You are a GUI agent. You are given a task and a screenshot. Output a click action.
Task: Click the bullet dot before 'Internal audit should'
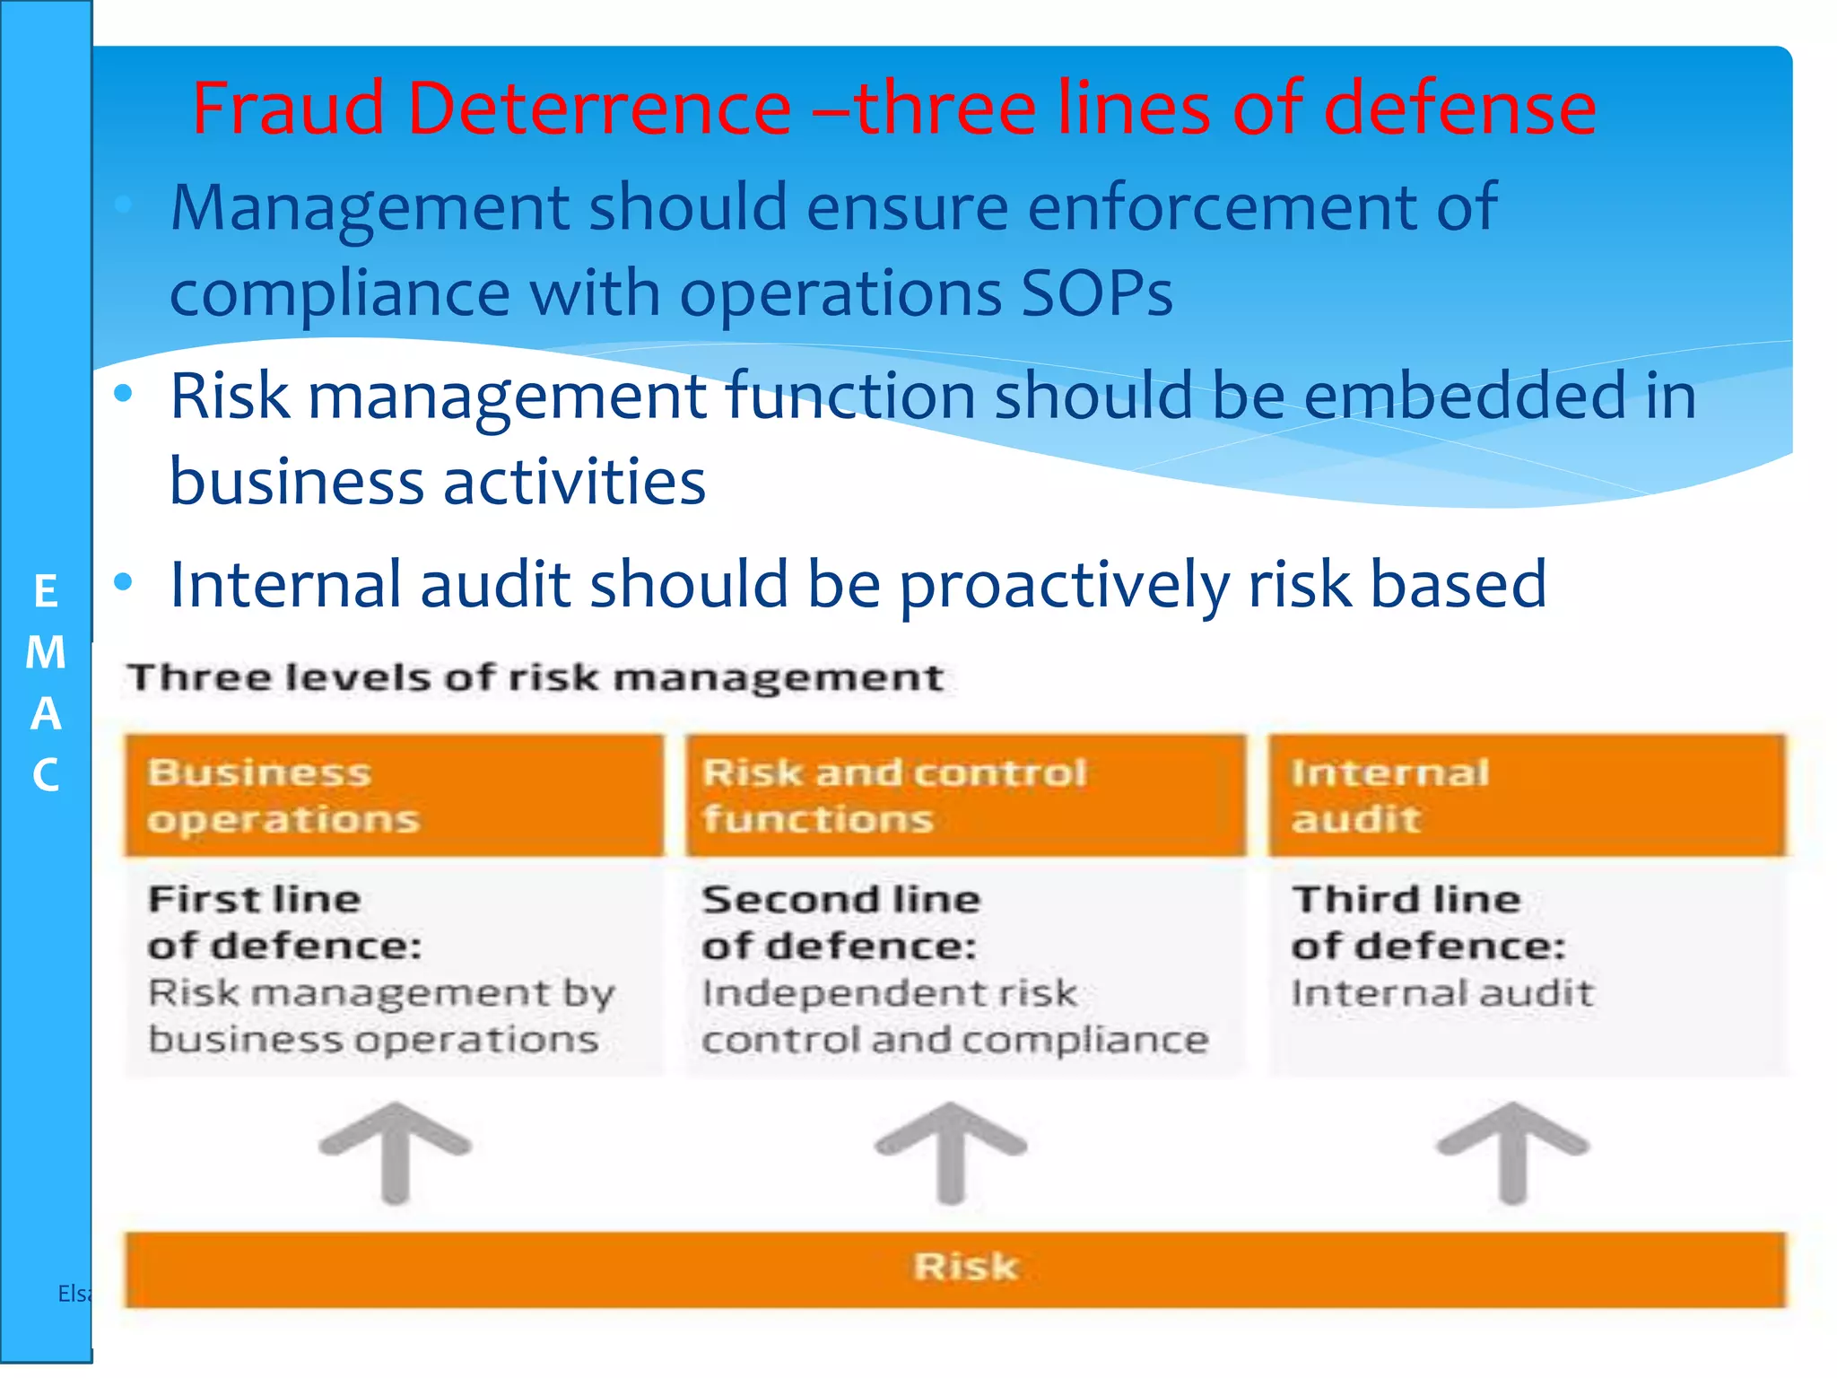coord(124,583)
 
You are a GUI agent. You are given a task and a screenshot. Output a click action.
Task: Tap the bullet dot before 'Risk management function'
coord(124,393)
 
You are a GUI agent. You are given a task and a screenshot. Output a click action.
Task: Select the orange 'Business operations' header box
coord(395,795)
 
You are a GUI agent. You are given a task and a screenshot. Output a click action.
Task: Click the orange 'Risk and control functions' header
coord(965,795)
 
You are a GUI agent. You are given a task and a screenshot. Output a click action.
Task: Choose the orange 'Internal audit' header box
coord(1527,795)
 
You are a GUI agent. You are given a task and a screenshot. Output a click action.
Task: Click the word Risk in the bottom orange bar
coord(965,1267)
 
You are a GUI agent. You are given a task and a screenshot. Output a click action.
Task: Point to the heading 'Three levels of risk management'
coord(535,677)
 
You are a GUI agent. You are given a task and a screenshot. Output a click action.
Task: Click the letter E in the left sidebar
coord(46,592)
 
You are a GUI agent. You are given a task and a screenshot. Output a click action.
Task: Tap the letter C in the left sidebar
coord(46,775)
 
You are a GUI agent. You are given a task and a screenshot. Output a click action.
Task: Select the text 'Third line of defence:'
coord(1428,922)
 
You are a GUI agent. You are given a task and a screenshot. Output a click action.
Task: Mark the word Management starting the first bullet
coord(370,208)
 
